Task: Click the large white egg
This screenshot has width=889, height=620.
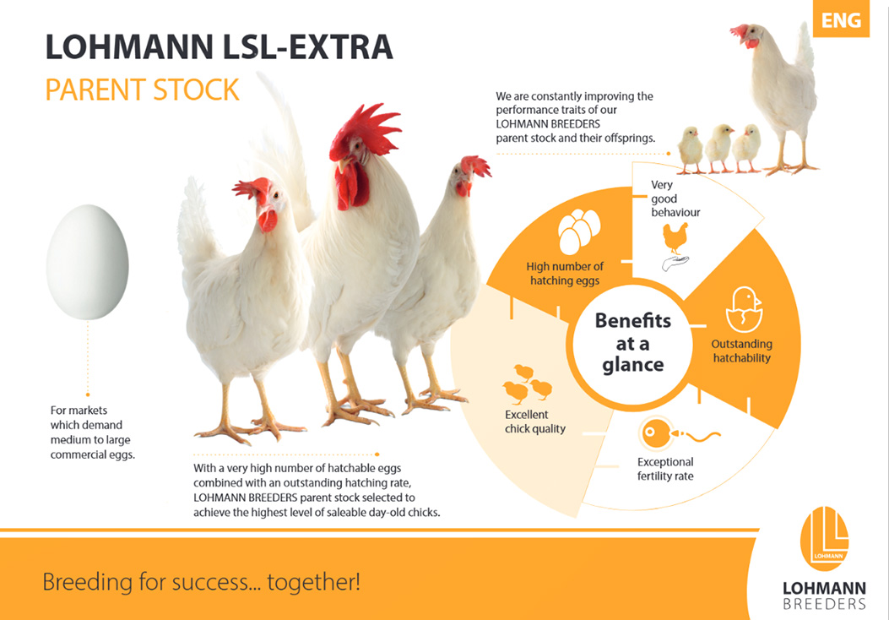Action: [87, 262]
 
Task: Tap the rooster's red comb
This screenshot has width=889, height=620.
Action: [366, 128]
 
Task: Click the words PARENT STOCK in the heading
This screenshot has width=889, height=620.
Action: [143, 90]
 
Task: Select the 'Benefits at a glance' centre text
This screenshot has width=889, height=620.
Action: [632, 343]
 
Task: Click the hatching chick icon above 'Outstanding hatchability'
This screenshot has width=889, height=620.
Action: [745, 309]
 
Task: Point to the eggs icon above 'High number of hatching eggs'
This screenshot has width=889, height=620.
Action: [579, 231]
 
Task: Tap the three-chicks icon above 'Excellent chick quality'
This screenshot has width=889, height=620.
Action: [528, 384]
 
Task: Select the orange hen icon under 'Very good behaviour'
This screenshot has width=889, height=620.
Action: [675, 237]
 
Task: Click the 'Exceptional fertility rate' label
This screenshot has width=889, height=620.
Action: [665, 469]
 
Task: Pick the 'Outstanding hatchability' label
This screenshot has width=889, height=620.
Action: [741, 351]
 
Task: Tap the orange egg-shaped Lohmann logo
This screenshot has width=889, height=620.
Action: [824, 538]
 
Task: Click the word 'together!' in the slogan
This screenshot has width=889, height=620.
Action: [313, 582]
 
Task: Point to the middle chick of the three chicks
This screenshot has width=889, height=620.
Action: [719, 149]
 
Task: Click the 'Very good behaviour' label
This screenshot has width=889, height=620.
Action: [675, 199]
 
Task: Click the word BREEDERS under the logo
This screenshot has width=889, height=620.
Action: [824, 604]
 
